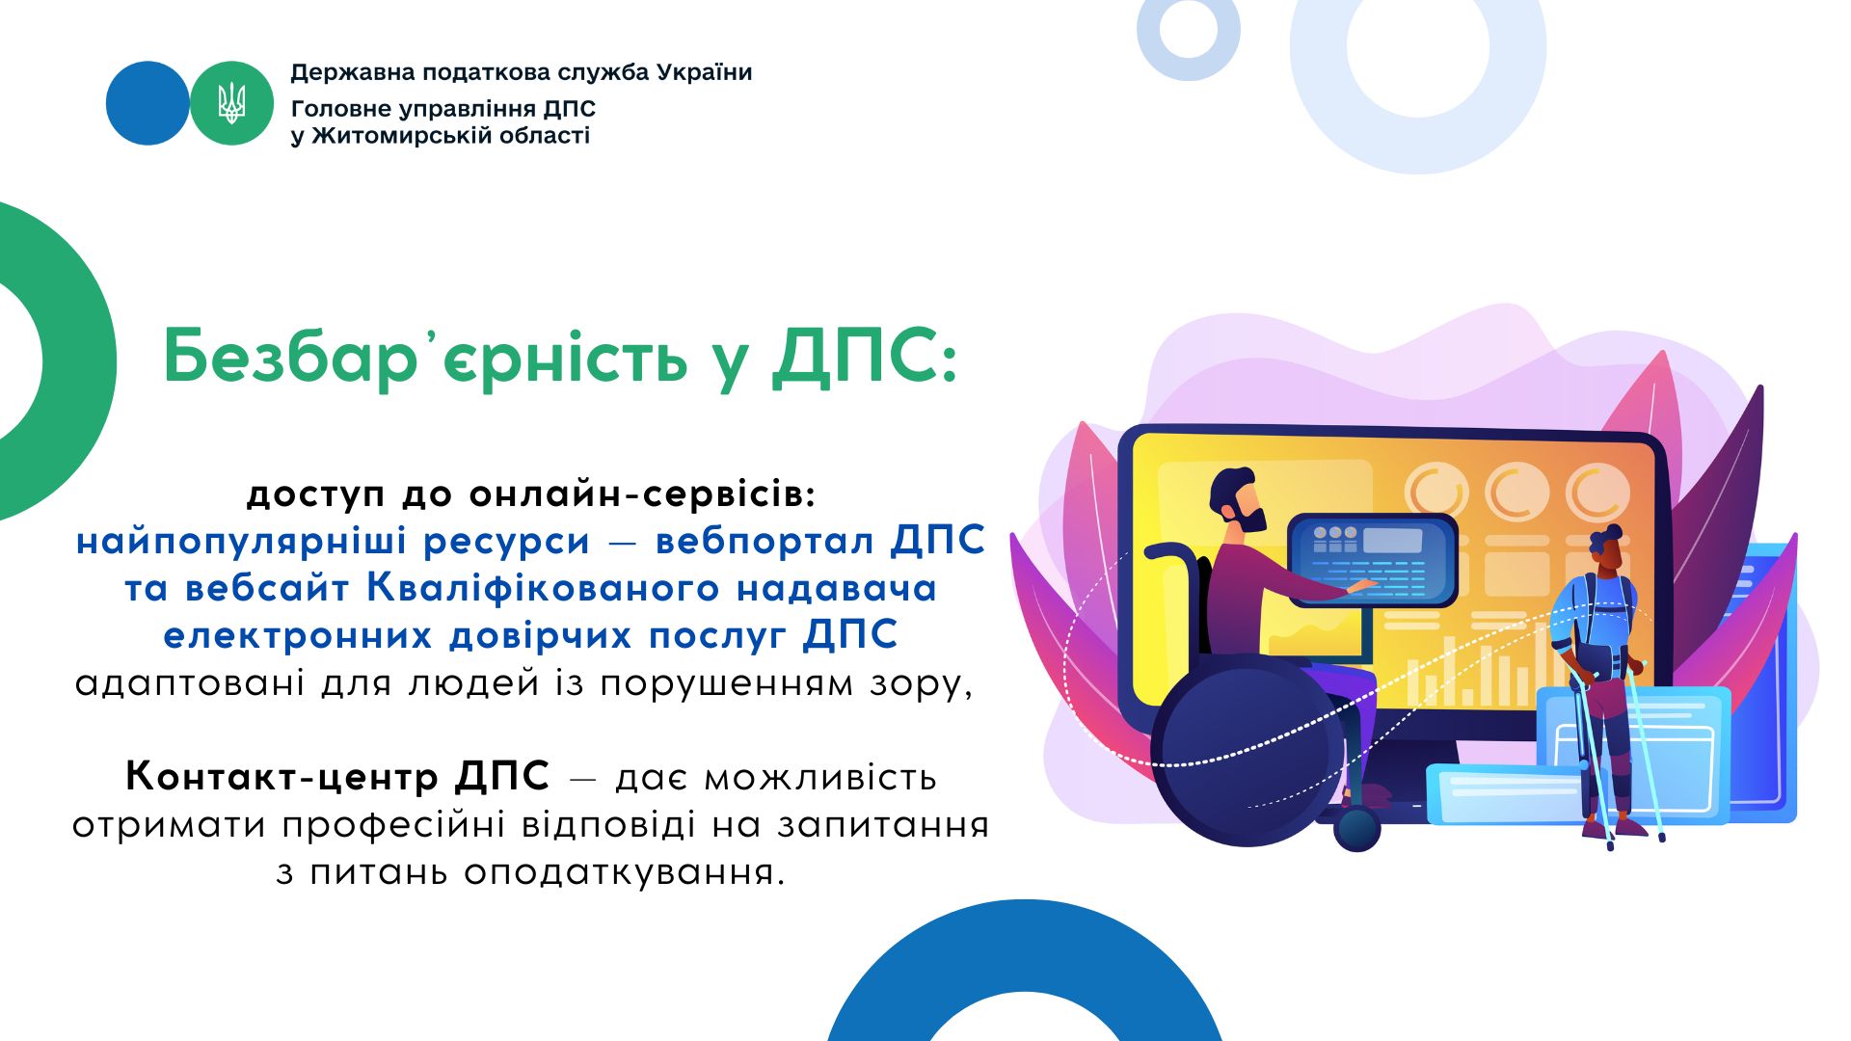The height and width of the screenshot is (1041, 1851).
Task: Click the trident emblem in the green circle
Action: coord(231,103)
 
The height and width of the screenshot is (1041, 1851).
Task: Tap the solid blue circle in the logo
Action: coord(148,103)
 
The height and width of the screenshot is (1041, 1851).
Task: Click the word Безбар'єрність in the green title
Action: coord(425,358)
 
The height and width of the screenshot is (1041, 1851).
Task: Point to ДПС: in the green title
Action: coord(866,357)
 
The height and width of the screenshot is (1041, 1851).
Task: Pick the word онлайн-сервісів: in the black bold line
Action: coord(642,494)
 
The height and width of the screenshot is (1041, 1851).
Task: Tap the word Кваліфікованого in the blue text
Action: coord(543,588)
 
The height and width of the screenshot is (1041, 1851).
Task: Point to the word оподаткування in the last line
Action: coord(625,873)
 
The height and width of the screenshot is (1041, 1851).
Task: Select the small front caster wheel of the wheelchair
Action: coord(1357,829)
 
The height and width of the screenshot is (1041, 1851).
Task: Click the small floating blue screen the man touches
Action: coord(1374,560)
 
